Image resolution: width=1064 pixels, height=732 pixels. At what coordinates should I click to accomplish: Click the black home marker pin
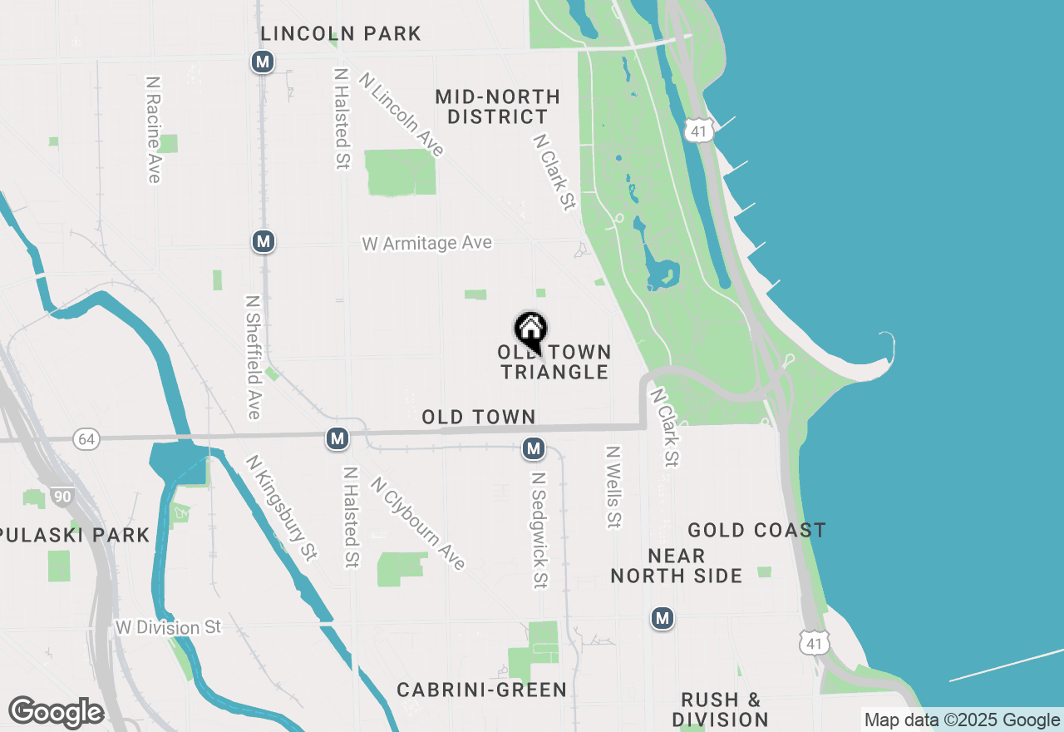pos(530,330)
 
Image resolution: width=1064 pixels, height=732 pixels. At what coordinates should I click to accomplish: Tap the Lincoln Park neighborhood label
pos(341,34)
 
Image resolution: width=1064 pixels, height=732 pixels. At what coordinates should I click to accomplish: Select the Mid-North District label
pos(498,107)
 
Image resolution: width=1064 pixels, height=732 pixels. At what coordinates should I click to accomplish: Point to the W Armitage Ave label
pos(427,243)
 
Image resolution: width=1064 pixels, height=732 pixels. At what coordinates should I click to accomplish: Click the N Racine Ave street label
pos(153,130)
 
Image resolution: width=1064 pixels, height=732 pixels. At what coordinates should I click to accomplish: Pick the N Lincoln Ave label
pos(402,114)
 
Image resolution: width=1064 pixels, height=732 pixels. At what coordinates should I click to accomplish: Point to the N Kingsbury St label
pos(282,507)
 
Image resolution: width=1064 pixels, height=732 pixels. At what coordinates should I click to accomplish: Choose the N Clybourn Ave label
pos(418,523)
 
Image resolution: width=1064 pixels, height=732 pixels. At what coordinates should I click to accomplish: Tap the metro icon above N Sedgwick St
pos(534,449)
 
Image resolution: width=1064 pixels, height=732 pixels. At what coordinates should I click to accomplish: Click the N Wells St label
pos(613,487)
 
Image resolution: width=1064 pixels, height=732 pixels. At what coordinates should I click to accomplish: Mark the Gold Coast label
pos(756,530)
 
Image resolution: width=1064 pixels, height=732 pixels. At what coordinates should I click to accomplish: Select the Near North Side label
pos(677,566)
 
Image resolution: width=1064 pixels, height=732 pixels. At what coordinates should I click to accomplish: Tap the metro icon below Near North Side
pos(663,618)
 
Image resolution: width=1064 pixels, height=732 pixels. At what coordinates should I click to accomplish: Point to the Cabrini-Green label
pos(481,690)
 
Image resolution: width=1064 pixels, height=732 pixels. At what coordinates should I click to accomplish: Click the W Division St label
pos(169,627)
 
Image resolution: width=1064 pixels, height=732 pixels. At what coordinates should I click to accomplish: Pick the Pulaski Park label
pos(75,535)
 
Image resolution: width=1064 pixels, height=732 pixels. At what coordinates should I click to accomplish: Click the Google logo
pos(56,712)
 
